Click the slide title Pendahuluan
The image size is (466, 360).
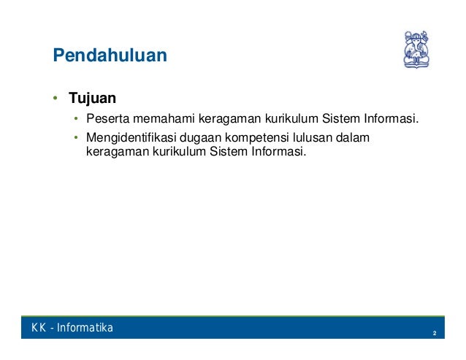pyautogui.click(x=110, y=55)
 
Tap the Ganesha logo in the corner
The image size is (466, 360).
pyautogui.click(x=416, y=50)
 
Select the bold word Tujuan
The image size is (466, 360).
pyautogui.click(x=93, y=99)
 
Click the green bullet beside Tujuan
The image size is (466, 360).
pyautogui.click(x=55, y=98)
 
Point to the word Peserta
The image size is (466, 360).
pyautogui.click(x=108, y=118)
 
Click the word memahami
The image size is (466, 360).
pyautogui.click(x=164, y=118)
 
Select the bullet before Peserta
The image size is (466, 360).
pyautogui.click(x=76, y=118)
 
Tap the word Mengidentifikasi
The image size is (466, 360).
pyautogui.click(x=131, y=137)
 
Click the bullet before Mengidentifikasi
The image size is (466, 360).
pyautogui.click(x=76, y=137)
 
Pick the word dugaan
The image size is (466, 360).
pyautogui.click(x=200, y=138)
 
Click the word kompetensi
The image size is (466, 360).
pyautogui.click(x=257, y=138)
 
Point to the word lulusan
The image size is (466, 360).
pyautogui.click(x=313, y=137)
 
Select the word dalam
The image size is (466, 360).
pyautogui.click(x=353, y=137)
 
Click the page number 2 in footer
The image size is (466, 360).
pyautogui.click(x=435, y=333)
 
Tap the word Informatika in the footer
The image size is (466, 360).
pyautogui.click(x=85, y=328)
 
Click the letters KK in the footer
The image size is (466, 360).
pyautogui.click(x=39, y=328)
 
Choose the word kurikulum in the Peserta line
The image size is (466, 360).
pyautogui.click(x=291, y=118)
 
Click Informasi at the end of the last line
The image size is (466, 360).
pyautogui.click(x=279, y=151)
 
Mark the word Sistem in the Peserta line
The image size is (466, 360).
pyautogui.click(x=341, y=118)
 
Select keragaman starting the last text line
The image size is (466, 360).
pyautogui.click(x=118, y=152)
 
